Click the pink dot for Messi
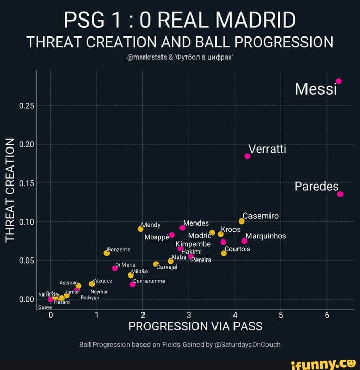pos(338,81)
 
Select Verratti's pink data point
pos(247,156)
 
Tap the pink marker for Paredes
pos(340,194)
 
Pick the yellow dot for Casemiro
pos(241,221)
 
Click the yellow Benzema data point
pos(106,253)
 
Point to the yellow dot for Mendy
pos(140,229)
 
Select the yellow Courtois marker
pos(224,253)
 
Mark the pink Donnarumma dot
pos(132,284)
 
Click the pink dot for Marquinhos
pos(244,241)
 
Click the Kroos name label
pos(230,229)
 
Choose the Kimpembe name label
pos(193,244)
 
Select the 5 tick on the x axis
pos(281,314)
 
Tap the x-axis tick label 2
pos(143,314)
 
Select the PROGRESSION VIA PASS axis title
pos(195,326)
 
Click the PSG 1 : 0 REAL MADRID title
pos(180,21)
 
